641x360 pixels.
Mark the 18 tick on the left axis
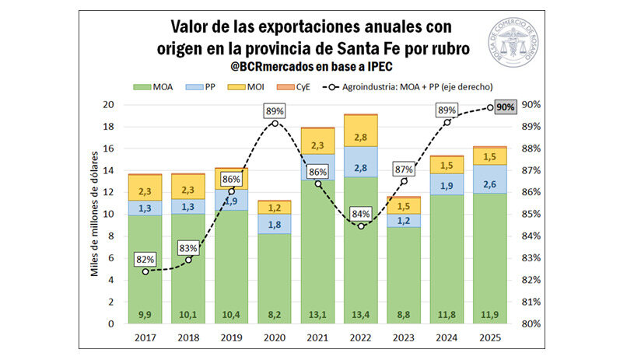[x=110, y=127]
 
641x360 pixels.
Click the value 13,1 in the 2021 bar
[x=317, y=314]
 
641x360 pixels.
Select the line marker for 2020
[x=275, y=124]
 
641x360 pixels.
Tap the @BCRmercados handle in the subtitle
[x=274, y=67]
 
